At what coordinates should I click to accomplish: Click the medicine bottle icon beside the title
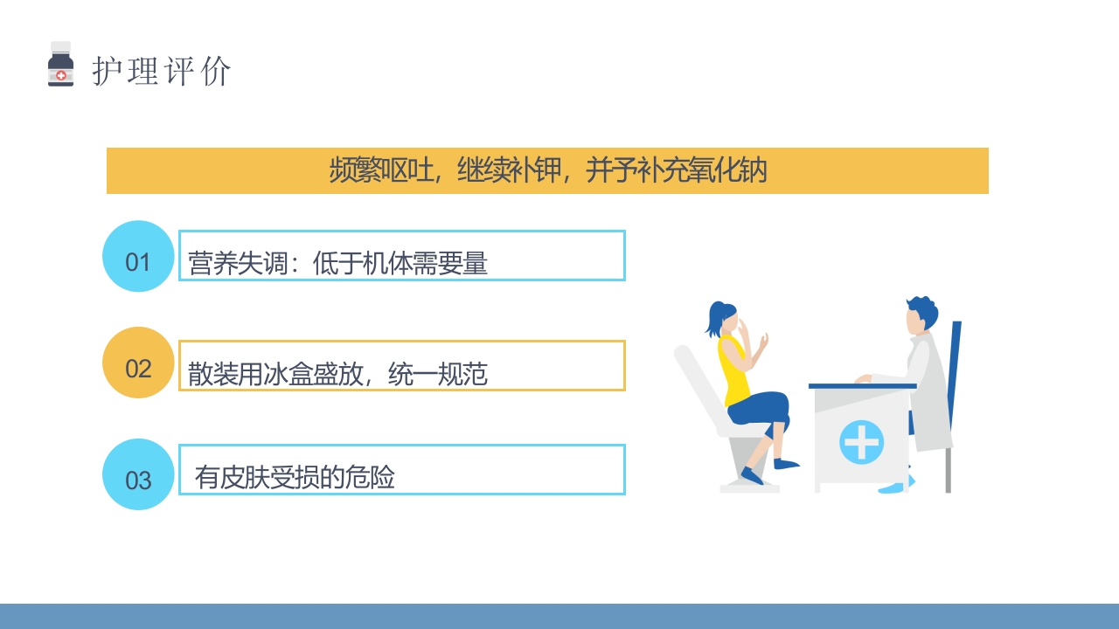pyautogui.click(x=60, y=65)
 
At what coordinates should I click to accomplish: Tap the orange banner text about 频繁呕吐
pyautogui.click(x=547, y=170)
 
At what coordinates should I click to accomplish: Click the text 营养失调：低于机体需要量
pyautogui.click(x=337, y=263)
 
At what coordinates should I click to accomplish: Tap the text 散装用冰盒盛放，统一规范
pyautogui.click(x=337, y=374)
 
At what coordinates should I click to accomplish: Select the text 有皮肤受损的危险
pyautogui.click(x=295, y=477)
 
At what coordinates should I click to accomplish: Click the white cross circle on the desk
pyautogui.click(x=861, y=441)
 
